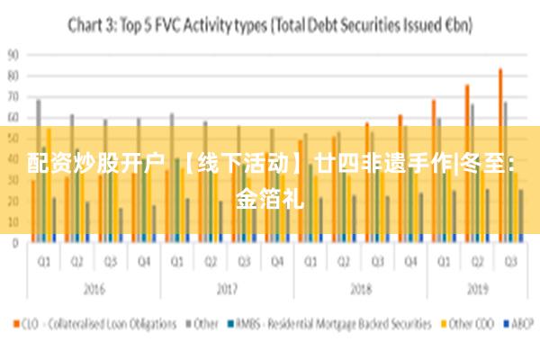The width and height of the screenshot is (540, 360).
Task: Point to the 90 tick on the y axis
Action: [x=13, y=54]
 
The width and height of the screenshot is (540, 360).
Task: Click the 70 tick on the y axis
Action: [x=13, y=96]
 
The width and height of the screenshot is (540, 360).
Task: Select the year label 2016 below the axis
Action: [x=94, y=290]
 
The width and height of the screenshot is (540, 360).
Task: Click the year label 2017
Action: [x=227, y=290]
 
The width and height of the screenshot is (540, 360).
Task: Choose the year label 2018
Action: [x=360, y=290]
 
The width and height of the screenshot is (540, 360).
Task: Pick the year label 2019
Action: [x=477, y=290]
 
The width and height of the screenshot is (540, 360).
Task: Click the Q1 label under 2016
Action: [x=43, y=262]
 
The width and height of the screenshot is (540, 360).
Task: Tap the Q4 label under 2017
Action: [x=277, y=262]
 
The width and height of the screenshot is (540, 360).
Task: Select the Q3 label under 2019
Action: [x=510, y=262]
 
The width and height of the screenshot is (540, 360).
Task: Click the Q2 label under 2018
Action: [x=344, y=262]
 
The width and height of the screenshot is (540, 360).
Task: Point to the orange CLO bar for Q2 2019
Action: [x=467, y=162]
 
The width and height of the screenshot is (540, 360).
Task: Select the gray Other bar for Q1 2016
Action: [x=38, y=170]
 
